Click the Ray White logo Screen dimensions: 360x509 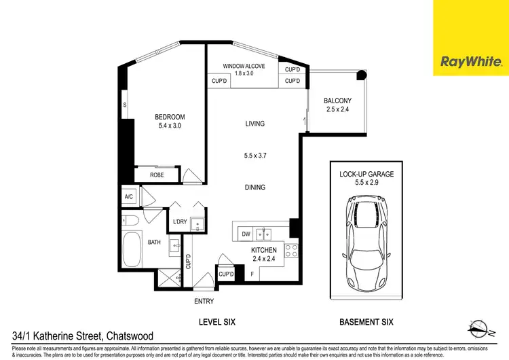pos(471,62)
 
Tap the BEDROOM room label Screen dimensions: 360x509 pos(170,117)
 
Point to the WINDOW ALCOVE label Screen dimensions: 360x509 pos(244,66)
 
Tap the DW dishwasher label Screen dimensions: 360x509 pos(246,234)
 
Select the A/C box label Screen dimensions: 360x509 pos(129,197)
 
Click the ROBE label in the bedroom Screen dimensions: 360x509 pos(157,175)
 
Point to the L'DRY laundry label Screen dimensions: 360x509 pos(179,222)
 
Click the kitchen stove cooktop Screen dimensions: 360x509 pos(291,251)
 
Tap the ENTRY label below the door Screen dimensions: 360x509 pos(204,300)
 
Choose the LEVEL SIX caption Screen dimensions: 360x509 pos(216,321)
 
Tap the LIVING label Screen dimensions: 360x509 pos(254,124)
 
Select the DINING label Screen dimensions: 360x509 pos(254,187)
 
